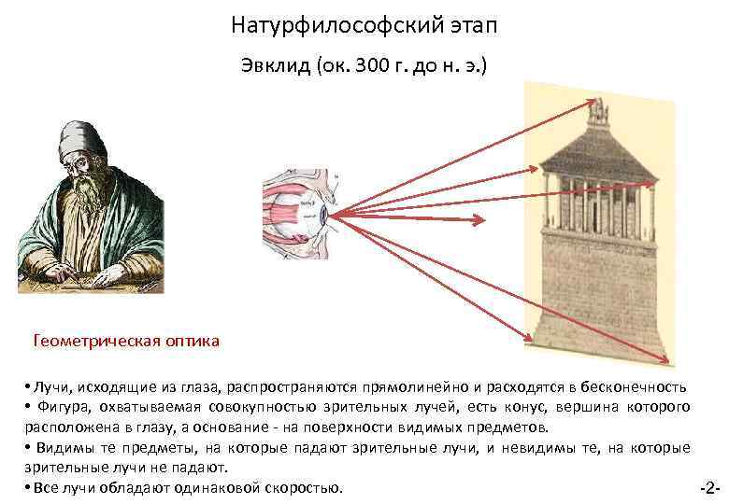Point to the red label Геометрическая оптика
[126, 341]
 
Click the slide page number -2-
[708, 488]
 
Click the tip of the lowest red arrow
[666, 359]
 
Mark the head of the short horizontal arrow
[482, 220]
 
